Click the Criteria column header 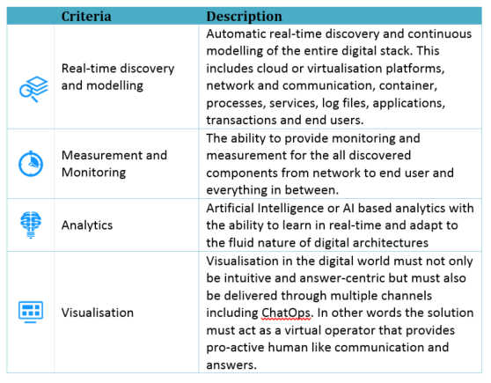tap(86, 16)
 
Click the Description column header tap(244, 17)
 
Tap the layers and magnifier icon tap(33, 89)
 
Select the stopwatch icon tap(31, 164)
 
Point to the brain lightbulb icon tap(31, 225)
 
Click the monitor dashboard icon tap(31, 312)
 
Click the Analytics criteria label tap(87, 225)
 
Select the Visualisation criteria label tap(98, 313)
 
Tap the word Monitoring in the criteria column tap(93, 173)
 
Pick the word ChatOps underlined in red tap(286, 313)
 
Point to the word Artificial tap(230, 208)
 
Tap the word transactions tap(241, 120)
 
